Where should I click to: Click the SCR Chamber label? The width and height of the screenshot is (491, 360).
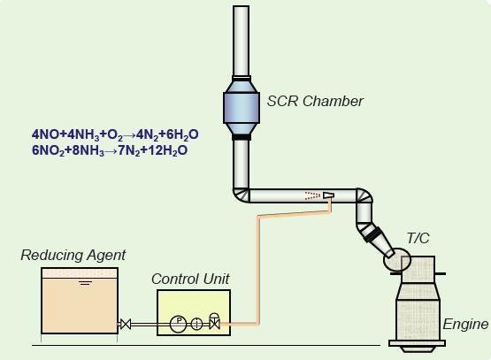[x=315, y=101]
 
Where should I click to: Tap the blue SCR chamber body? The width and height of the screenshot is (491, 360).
[x=242, y=107]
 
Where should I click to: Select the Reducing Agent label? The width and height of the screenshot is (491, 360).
[x=73, y=255]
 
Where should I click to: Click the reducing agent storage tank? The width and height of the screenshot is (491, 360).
[x=80, y=301]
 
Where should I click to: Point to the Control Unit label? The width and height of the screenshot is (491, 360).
[x=190, y=279]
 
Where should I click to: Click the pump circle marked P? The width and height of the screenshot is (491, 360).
[x=178, y=324]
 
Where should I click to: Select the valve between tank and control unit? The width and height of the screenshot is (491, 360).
[x=126, y=324]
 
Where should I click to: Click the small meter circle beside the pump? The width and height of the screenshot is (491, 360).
[x=196, y=324]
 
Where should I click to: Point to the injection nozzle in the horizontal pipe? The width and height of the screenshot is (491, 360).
[x=328, y=195]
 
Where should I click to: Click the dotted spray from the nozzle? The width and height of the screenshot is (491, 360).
[x=312, y=195]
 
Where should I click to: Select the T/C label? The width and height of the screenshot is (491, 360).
[x=418, y=238]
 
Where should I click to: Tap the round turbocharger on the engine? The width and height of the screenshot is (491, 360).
[x=395, y=260]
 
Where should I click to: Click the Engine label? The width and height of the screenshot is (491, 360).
[x=465, y=324]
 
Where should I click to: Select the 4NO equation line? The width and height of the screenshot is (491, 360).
[x=115, y=134]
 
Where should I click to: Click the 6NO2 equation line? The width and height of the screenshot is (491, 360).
[x=110, y=150]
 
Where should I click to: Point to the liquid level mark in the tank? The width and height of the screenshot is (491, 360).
[x=86, y=283]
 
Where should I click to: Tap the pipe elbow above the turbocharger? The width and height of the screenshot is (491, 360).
[x=364, y=195]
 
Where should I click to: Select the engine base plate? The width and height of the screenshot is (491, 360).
[x=417, y=343]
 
